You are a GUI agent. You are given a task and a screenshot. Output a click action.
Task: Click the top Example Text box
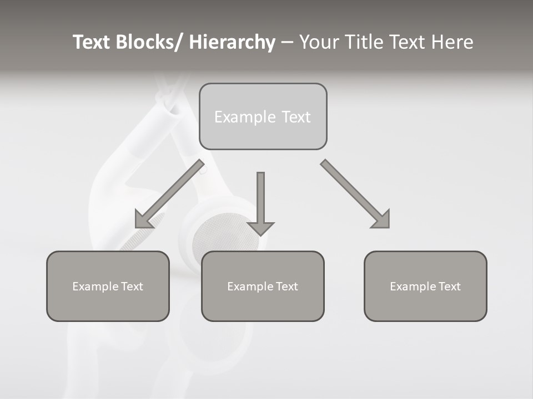[x=263, y=116]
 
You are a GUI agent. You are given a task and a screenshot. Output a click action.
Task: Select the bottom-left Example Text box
[x=108, y=286]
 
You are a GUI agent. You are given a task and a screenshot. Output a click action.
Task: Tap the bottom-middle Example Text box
[x=263, y=286]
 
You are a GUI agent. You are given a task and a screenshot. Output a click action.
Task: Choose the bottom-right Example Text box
[x=425, y=286]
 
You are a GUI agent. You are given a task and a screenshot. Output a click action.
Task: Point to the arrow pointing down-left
[x=169, y=194]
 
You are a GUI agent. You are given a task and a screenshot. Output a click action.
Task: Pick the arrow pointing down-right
[x=355, y=194]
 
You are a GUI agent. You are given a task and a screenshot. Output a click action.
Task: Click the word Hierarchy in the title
[x=232, y=42]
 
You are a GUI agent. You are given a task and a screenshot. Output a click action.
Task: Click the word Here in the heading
[x=452, y=42]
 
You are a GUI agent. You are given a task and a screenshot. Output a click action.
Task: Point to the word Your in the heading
[x=318, y=42]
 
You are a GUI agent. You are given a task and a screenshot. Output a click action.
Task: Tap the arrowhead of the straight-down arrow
[x=260, y=228]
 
